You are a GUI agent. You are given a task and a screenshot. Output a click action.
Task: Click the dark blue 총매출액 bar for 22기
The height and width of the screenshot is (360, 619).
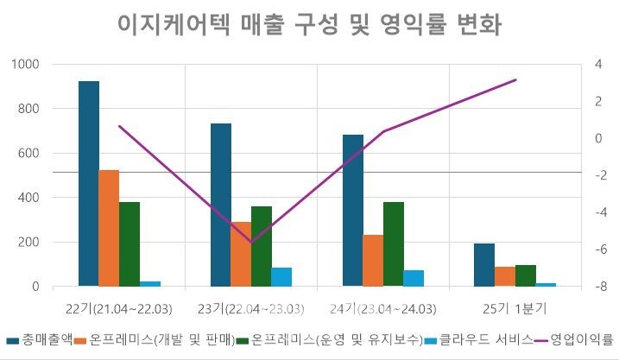point(89,183)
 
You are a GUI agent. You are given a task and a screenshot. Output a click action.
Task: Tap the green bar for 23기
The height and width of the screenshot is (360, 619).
point(261,246)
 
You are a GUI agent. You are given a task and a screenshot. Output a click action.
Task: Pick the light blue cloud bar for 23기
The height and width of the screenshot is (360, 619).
point(281,276)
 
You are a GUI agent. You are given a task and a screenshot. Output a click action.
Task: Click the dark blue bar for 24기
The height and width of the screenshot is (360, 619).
point(353,210)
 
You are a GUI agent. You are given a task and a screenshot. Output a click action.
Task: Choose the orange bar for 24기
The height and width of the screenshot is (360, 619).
point(373,260)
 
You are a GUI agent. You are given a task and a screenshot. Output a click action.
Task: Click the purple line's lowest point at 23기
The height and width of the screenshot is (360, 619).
point(251,243)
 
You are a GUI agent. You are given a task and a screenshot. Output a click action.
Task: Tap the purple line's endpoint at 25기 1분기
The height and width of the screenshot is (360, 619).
point(515,79)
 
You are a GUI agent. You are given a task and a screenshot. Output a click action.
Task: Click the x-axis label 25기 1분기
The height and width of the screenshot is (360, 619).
point(515,309)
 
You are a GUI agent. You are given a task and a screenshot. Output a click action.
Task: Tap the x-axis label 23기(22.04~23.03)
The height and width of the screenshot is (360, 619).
point(250,309)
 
